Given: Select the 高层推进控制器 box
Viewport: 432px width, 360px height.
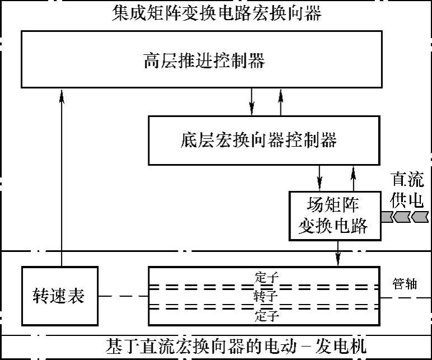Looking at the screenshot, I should click(204, 60).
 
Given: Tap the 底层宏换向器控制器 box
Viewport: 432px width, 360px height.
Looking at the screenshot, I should click(259, 139).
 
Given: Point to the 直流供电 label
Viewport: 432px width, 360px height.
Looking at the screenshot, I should click(407, 190).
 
